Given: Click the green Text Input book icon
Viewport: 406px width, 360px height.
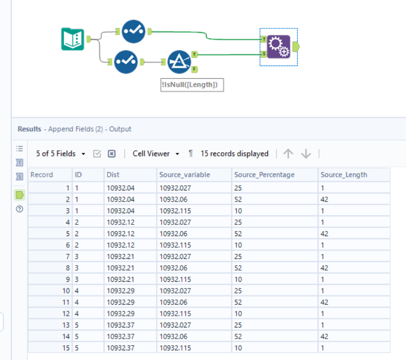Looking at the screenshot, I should (73, 39).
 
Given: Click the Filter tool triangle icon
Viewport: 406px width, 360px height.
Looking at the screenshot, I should (178, 61).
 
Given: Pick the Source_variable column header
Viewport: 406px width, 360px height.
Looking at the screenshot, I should (184, 175).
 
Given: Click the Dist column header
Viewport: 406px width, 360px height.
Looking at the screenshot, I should (113, 175).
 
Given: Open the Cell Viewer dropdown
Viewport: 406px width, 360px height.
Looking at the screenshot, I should (156, 153).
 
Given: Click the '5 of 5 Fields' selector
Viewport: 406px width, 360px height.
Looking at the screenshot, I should (60, 153).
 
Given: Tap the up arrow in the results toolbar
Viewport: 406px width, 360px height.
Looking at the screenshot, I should (288, 153).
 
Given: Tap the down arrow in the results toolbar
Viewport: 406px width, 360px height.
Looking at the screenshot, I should (305, 153).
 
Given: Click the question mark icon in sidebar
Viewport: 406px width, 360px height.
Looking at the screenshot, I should (20, 209).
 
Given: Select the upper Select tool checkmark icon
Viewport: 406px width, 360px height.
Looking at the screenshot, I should (133, 31).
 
